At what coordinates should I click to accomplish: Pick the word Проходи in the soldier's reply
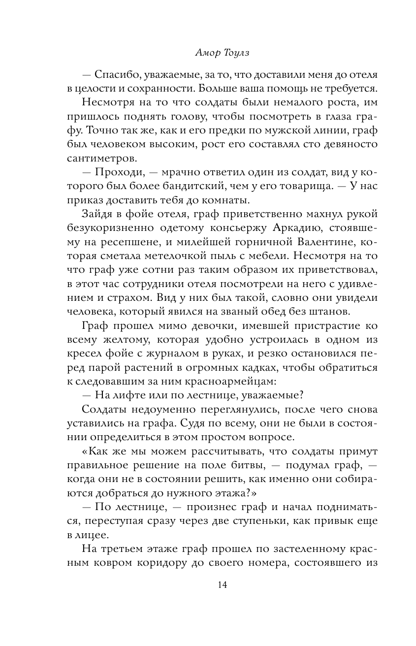116,173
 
